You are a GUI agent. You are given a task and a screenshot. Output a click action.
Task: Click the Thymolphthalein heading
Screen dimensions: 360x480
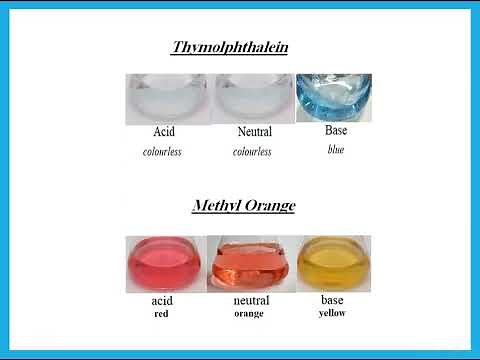point(229,47)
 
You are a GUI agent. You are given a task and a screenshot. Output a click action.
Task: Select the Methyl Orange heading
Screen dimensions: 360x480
point(243,206)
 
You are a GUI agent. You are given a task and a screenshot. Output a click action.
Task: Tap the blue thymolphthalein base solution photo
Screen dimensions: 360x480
point(333,98)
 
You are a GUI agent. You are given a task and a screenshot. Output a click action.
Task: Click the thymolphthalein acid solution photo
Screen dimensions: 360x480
point(165,99)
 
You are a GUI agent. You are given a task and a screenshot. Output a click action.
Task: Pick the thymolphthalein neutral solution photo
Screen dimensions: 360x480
point(255,99)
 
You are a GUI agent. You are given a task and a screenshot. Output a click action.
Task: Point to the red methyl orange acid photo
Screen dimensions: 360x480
point(163,263)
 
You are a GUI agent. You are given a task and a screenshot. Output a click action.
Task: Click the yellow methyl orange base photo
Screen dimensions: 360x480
point(333,262)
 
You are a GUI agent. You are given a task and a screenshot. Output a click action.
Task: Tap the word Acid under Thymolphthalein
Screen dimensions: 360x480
point(164,132)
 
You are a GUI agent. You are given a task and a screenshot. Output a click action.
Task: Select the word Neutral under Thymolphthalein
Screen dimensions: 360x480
point(255,132)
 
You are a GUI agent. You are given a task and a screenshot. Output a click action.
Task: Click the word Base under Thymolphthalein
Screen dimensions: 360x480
point(336,131)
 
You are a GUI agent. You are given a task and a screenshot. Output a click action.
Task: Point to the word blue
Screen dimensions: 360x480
point(336,150)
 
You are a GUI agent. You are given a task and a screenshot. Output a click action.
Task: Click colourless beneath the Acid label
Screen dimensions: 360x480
point(164,152)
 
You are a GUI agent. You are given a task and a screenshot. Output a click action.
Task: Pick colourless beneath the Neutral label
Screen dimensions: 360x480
point(253,152)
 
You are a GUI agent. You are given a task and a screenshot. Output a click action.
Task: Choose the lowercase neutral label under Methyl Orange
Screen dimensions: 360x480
point(252,300)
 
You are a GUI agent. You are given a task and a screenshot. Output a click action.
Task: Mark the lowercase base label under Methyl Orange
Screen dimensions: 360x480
point(332,299)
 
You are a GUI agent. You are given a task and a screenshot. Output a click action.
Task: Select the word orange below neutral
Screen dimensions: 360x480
point(252,313)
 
